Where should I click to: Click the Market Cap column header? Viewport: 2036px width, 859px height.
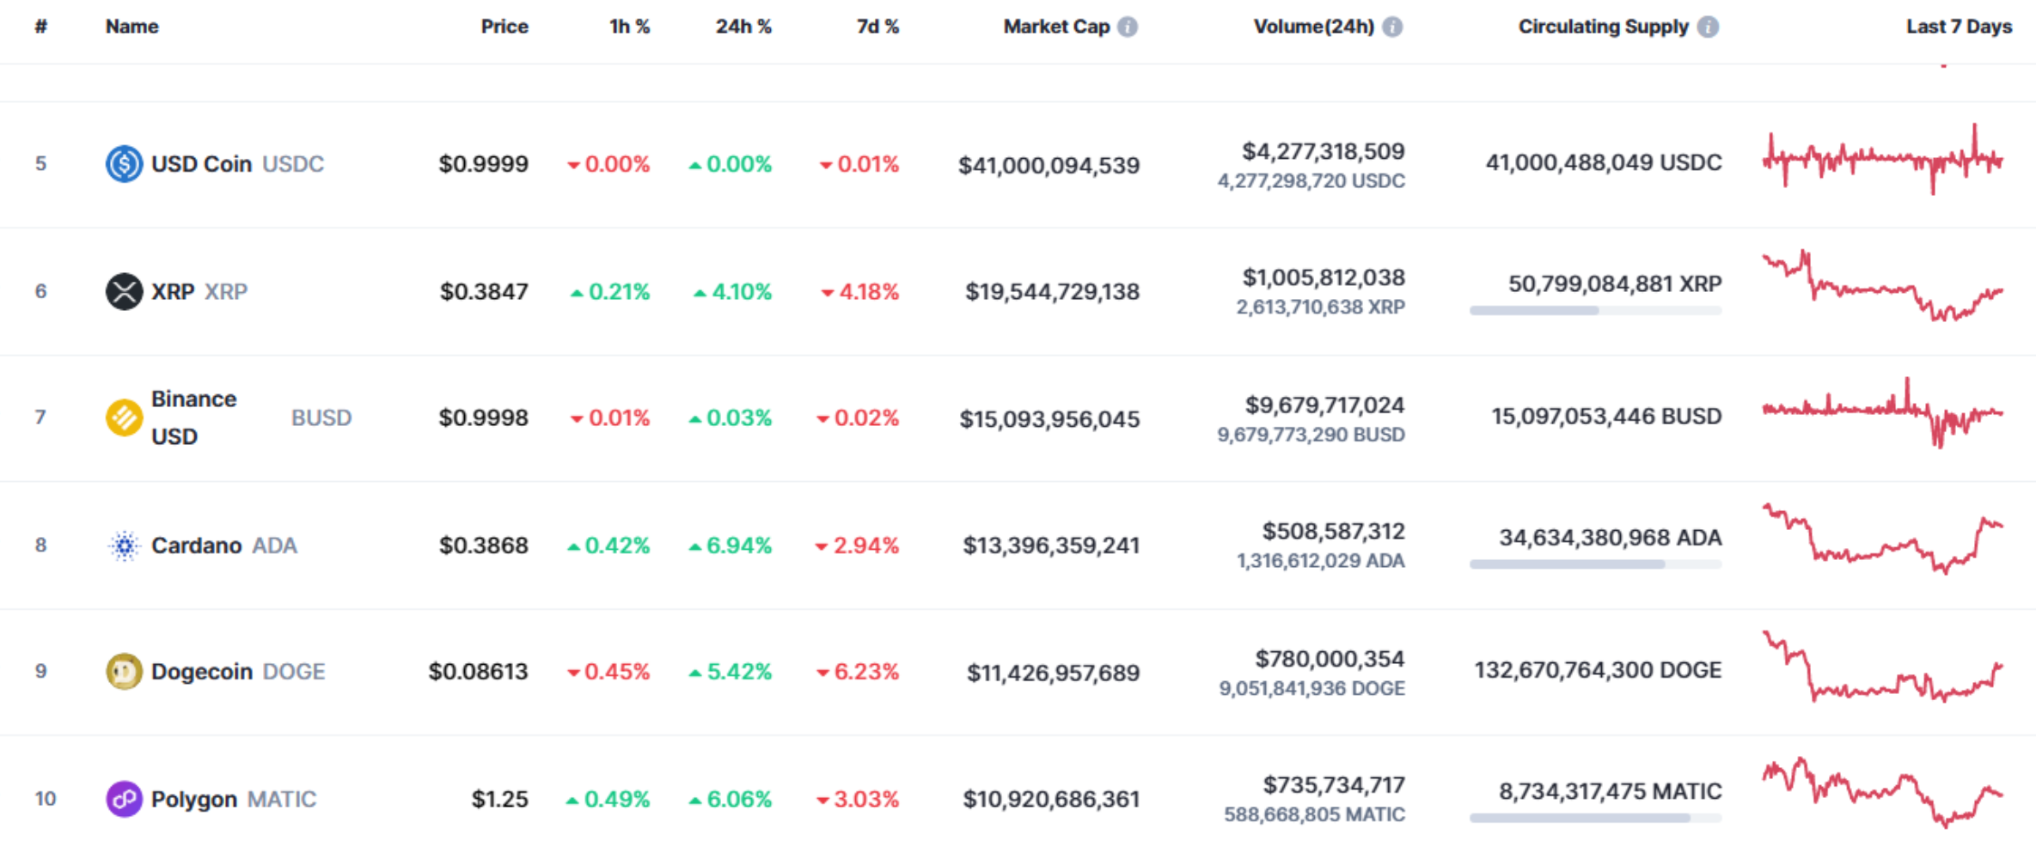1056,27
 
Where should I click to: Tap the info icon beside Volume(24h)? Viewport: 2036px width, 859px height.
1392,27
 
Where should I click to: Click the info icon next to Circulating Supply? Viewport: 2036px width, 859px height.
1709,27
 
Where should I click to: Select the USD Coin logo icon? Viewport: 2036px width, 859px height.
124,163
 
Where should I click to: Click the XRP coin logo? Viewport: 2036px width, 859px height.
124,291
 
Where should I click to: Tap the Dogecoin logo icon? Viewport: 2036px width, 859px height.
124,672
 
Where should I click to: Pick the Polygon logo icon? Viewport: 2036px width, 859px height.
124,799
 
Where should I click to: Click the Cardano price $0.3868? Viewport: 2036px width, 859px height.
484,545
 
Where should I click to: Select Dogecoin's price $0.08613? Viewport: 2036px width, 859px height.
479,672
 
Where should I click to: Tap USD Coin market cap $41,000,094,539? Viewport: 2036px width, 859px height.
1049,165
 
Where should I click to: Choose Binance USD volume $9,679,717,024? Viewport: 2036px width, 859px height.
1325,405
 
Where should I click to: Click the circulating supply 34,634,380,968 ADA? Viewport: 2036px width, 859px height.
1611,538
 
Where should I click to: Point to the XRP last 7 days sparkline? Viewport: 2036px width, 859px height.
1883,286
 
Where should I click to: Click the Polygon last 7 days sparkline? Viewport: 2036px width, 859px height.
1883,792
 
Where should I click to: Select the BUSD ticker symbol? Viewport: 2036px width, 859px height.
321,417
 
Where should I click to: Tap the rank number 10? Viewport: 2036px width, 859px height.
46,799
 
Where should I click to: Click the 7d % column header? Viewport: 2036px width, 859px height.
877,27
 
